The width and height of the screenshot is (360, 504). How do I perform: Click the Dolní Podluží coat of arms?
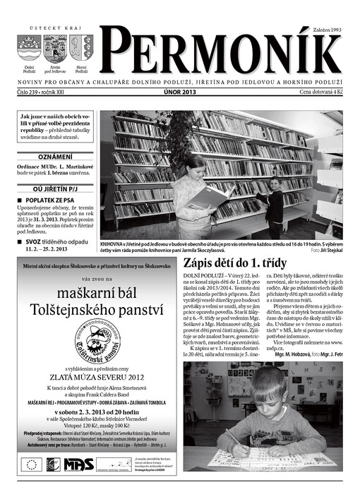tap(29, 49)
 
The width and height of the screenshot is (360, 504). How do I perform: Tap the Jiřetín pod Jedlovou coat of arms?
tap(55, 49)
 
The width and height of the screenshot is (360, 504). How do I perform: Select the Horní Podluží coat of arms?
tap(81, 49)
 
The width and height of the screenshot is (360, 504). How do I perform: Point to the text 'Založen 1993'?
tap(326, 30)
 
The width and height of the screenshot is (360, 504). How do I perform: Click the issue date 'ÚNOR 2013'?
tap(179, 92)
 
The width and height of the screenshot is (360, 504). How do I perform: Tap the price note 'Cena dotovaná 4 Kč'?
tap(320, 92)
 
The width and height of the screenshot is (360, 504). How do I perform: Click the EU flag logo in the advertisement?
tap(31, 464)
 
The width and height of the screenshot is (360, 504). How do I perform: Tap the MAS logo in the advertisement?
tap(78, 464)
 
